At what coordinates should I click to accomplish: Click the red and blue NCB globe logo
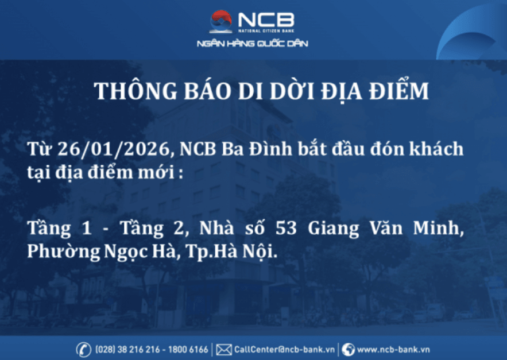point(221,22)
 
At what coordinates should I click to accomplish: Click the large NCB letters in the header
point(266,20)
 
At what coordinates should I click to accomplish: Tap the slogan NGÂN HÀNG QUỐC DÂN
point(252,43)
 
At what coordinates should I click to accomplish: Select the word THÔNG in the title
point(136,91)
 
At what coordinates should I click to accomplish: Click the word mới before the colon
point(157,172)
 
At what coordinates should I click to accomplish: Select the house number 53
point(286,228)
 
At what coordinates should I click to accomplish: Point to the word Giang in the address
point(334,229)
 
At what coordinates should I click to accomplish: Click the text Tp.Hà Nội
point(231,251)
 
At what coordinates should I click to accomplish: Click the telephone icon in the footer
point(83,350)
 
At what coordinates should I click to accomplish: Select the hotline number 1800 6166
point(188,350)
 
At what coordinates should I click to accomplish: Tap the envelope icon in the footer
point(224,350)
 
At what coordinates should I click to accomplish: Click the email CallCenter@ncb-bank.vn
point(285,350)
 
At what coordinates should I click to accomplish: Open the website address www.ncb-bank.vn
point(393,350)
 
